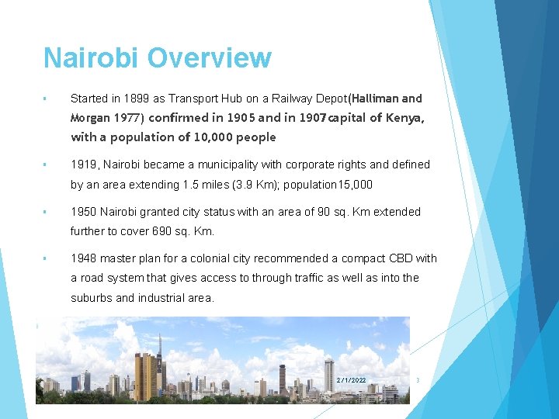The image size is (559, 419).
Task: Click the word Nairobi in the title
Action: coord(92,58)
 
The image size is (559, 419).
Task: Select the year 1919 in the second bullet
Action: coord(84,164)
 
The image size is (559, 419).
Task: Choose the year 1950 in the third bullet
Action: coord(84,212)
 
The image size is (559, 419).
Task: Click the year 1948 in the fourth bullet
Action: coord(84,258)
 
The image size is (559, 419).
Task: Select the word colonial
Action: coord(226,258)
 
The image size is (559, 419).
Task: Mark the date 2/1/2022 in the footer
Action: coord(351,380)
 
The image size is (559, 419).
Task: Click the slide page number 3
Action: coord(418,380)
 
